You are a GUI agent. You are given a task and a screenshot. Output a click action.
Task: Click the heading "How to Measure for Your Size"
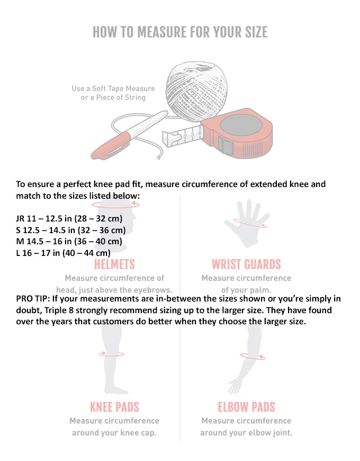coord(180,32)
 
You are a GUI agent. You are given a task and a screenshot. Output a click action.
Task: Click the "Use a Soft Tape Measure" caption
coord(113,88)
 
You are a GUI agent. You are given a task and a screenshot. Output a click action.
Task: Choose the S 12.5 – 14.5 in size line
coord(71,230)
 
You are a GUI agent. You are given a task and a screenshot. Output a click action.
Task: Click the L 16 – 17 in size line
coord(63,253)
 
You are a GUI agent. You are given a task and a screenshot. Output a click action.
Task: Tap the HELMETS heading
coord(114,264)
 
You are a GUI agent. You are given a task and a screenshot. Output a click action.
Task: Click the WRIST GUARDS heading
coord(246,264)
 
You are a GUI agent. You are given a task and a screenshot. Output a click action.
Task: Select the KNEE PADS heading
coord(114,407)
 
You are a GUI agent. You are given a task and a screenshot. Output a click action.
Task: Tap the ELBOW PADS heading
coord(246,407)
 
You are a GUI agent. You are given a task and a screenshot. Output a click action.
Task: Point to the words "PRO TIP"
coord(32,299)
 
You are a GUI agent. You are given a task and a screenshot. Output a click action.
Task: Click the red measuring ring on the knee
coord(113,354)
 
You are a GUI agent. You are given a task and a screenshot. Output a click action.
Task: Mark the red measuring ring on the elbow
coord(253,356)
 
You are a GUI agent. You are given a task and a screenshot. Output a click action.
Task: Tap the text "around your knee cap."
coord(114,432)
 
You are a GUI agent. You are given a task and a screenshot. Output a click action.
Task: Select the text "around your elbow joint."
coord(246,432)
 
